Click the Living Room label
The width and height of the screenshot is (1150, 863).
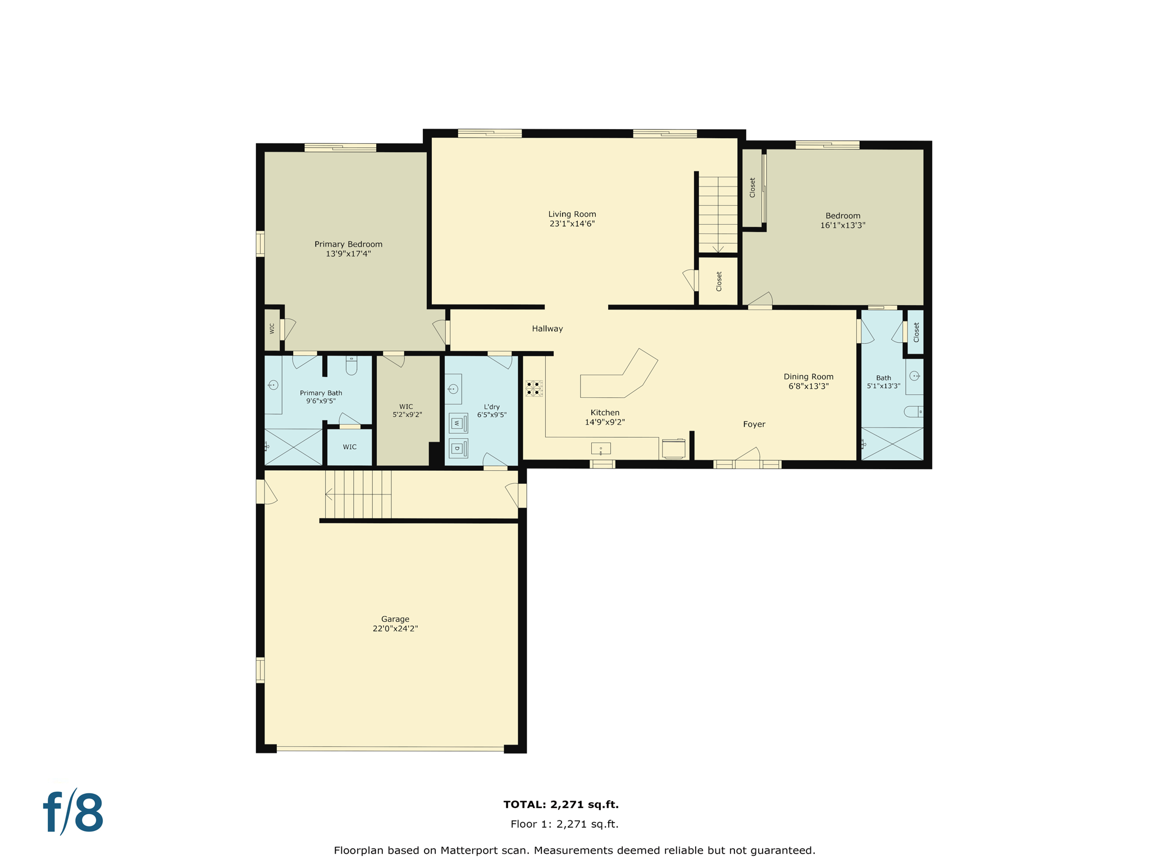572,214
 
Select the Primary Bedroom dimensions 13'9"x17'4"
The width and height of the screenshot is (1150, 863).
348,254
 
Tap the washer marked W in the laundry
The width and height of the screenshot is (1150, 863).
458,423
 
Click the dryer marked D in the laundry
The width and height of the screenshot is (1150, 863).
458,448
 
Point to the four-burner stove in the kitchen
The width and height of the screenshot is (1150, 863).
533,388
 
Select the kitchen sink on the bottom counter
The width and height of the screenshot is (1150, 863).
600,449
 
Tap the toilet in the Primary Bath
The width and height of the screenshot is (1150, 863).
352,366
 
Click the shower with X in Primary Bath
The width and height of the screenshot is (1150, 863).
293,447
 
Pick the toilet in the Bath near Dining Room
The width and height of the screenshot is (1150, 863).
912,412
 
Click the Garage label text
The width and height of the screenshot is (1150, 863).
395,619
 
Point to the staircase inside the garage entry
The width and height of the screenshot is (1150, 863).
358,494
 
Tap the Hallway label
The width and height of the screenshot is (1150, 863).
547,329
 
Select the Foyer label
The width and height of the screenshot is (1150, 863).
754,424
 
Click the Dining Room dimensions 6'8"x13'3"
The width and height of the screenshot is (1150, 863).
808,387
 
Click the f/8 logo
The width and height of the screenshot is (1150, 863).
74,812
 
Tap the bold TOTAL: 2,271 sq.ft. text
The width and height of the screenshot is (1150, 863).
560,805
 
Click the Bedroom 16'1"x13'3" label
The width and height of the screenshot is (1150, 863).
842,220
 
